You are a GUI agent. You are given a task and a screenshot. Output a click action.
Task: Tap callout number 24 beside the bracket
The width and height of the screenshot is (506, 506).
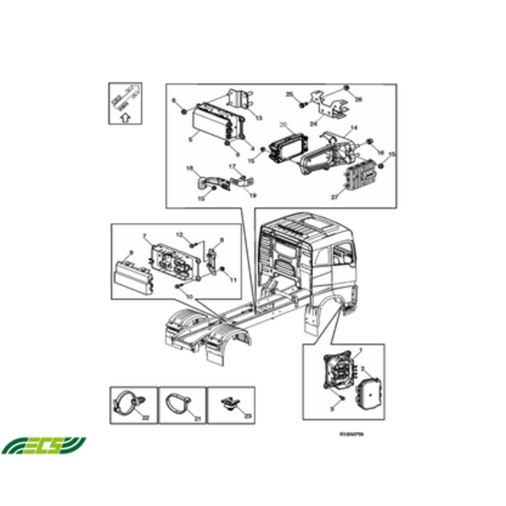click(x=313, y=124)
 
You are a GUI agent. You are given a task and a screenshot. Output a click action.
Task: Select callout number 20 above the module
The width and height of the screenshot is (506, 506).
click(x=283, y=126)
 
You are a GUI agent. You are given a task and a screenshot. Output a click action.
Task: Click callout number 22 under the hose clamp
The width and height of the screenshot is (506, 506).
click(x=145, y=417)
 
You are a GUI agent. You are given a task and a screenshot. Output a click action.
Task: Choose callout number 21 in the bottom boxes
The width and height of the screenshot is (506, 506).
click(x=196, y=417)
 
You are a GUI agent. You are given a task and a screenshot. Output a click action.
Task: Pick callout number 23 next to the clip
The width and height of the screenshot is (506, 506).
click(x=247, y=416)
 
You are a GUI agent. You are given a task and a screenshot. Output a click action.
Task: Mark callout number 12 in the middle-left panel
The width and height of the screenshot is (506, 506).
click(x=179, y=235)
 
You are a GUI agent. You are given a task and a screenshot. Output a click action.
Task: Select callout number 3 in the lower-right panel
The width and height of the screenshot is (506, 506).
click(x=332, y=406)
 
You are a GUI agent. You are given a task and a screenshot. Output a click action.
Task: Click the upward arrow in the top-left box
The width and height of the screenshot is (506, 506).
click(x=123, y=117)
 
